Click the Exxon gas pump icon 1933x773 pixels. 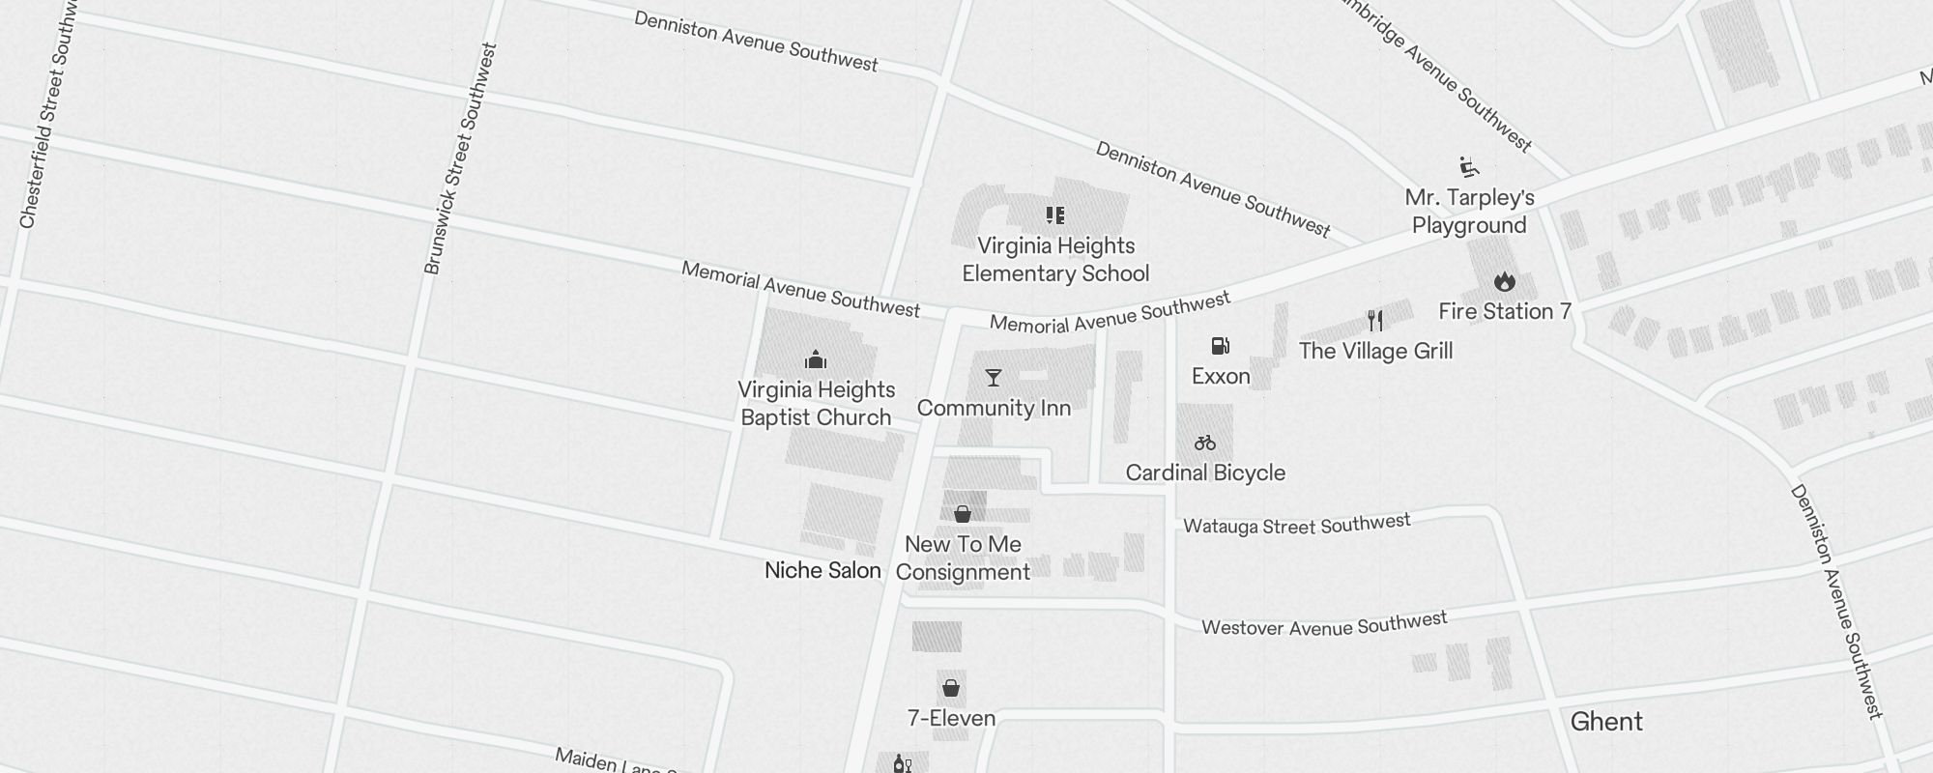pos(1221,346)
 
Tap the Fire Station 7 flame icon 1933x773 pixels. pos(1504,281)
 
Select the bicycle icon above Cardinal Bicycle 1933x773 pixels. pos(1204,444)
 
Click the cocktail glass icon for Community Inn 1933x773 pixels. pos(993,378)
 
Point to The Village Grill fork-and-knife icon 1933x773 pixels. pos(1375,321)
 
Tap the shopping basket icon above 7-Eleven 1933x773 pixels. pos(951,688)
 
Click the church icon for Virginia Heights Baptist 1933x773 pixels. pos(816,360)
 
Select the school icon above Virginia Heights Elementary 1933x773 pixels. pos(1054,215)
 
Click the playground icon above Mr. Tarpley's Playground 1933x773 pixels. pos(1469,167)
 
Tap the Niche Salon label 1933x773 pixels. pos(822,570)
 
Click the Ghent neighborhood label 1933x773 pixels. pos(1606,722)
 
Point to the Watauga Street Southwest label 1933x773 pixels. pos(1297,525)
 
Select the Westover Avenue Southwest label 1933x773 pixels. pos(1324,624)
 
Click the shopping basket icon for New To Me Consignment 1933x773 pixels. pos(962,514)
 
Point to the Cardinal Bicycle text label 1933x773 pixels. pos(1205,472)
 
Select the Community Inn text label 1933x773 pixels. pos(994,408)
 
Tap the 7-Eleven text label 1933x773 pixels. pos(951,718)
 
